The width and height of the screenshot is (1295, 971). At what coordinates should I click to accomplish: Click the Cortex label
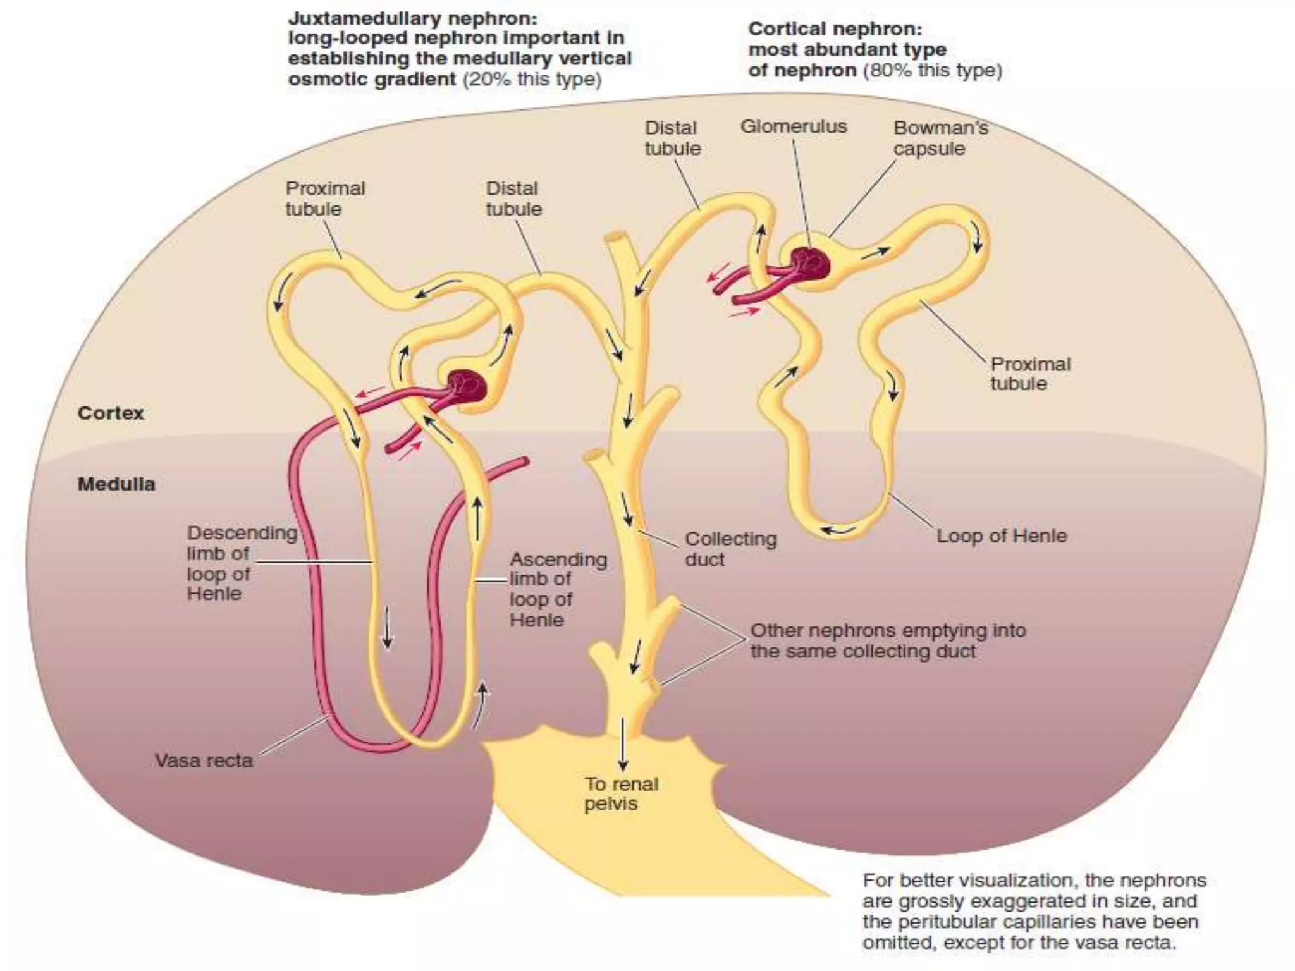pyautogui.click(x=111, y=413)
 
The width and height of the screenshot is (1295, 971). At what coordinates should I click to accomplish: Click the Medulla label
pyautogui.click(x=116, y=484)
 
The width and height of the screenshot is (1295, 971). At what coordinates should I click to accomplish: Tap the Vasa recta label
pyautogui.click(x=204, y=760)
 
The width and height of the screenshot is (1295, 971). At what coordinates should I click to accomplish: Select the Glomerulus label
pyautogui.click(x=794, y=126)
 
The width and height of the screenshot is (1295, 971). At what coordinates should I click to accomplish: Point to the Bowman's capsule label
pyautogui.click(x=940, y=138)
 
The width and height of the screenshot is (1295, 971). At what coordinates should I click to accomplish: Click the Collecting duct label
pyautogui.click(x=730, y=549)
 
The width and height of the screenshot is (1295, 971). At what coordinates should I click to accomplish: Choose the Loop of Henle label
pyautogui.click(x=1001, y=536)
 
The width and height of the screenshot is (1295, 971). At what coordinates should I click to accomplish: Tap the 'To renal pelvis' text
pyautogui.click(x=621, y=793)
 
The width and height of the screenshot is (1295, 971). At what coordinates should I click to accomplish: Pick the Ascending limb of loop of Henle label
pyautogui.click(x=558, y=589)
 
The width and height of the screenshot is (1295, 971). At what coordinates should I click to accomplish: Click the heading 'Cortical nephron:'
pyautogui.click(x=835, y=29)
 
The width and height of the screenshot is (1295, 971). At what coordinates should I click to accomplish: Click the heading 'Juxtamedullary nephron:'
pyautogui.click(x=413, y=18)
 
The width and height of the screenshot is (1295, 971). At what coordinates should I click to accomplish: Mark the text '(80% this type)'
pyautogui.click(x=933, y=70)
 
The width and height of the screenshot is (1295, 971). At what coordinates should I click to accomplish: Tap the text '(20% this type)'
pyautogui.click(x=532, y=79)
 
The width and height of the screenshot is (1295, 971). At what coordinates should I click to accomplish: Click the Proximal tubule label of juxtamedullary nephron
pyautogui.click(x=325, y=198)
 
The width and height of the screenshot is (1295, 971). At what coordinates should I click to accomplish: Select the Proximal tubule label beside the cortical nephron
pyautogui.click(x=1030, y=374)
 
